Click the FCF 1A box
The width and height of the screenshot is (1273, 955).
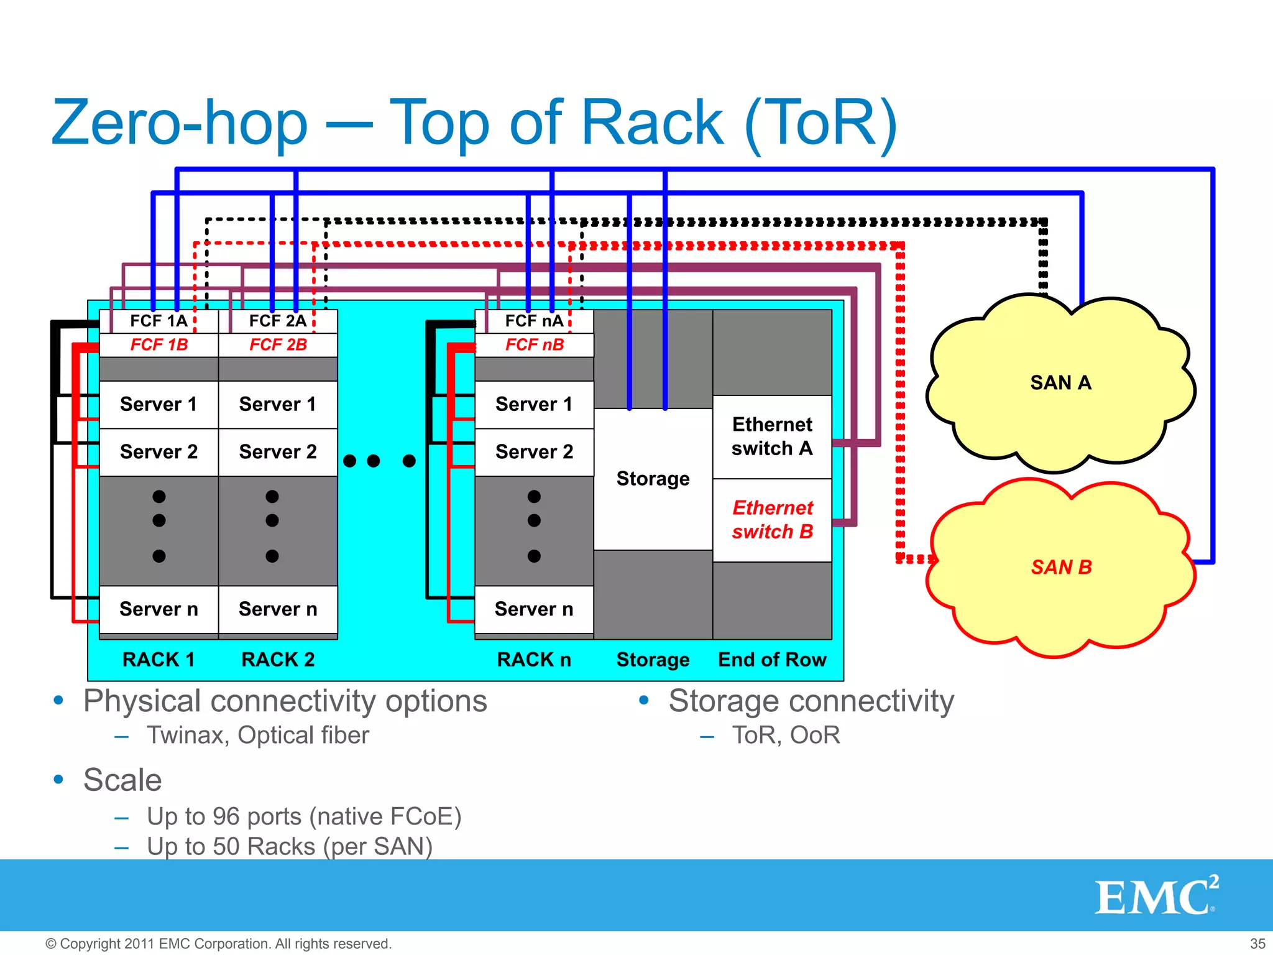(159, 321)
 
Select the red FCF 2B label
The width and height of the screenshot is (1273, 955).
(278, 345)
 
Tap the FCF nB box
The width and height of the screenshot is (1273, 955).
(534, 345)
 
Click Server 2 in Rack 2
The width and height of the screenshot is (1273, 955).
(278, 452)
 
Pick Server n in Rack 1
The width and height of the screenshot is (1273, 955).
(159, 609)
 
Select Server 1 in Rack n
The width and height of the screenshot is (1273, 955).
(534, 405)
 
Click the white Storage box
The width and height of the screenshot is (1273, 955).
(653, 479)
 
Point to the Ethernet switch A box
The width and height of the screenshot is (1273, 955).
(772, 436)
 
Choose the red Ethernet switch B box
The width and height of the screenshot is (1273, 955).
(772, 520)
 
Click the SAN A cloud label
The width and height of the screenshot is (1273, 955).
(1060, 383)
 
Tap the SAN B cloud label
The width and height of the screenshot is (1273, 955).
(1061, 567)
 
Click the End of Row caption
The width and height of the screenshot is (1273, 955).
(772, 660)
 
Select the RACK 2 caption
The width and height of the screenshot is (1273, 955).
(278, 660)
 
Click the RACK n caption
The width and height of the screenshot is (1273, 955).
(534, 660)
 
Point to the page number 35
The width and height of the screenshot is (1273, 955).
(1257, 944)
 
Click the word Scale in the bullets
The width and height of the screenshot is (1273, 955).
(122, 780)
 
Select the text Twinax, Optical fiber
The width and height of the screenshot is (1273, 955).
(258, 736)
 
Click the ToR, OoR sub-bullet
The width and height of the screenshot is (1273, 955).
(786, 736)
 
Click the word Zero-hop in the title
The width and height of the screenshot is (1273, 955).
(180, 123)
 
